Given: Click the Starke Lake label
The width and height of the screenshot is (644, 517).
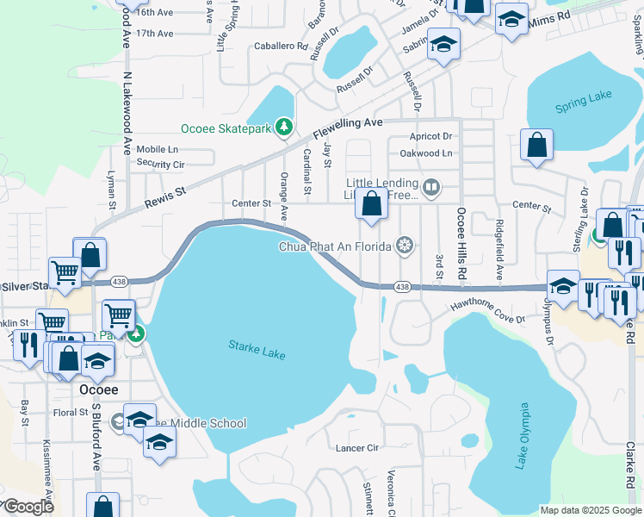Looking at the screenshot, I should point(257,349).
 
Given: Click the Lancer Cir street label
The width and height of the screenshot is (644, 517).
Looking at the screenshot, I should point(356,448).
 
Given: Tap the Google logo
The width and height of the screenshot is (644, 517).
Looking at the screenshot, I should point(28,507).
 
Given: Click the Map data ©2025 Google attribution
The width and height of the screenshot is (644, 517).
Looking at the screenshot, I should point(590,509).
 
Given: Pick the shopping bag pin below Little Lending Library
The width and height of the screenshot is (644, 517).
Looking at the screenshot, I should point(372,207).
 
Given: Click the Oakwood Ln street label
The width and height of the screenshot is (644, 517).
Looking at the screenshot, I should point(424,153).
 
